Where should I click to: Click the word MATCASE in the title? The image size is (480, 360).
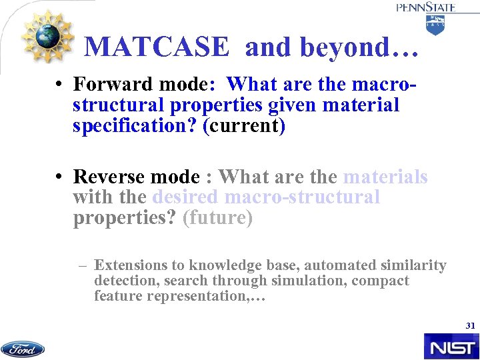157,47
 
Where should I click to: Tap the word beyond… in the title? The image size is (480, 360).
360,47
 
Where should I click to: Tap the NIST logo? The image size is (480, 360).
451,347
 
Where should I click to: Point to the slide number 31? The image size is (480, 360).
470,326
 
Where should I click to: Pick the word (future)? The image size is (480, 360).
217,219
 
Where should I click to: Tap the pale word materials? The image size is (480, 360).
385,177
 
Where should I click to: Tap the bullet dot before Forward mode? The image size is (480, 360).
60,85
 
